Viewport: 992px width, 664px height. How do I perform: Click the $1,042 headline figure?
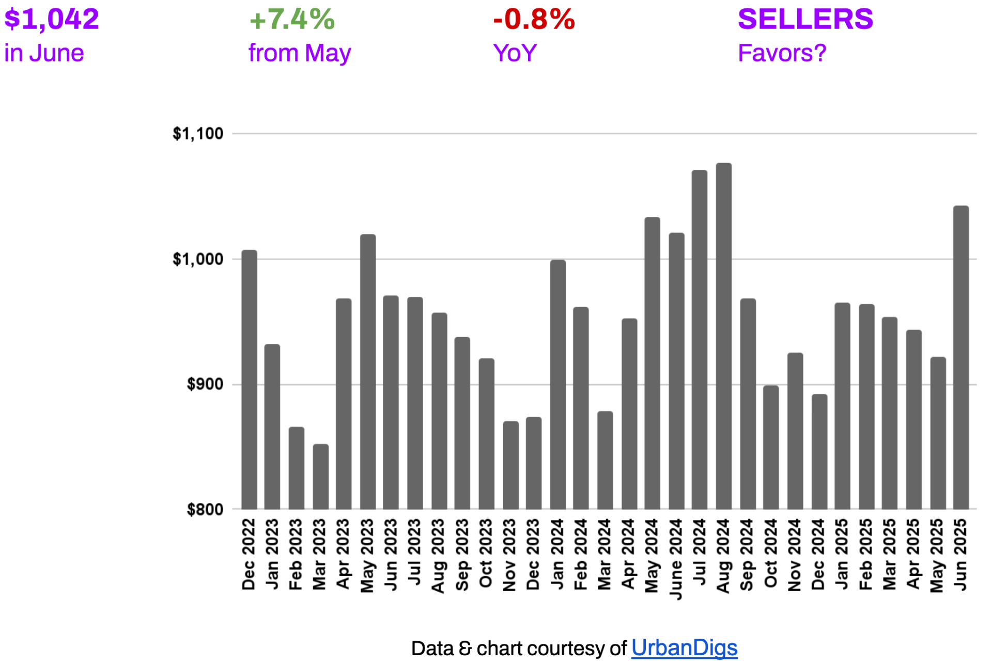point(52,20)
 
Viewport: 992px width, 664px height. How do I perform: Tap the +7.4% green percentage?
point(292,20)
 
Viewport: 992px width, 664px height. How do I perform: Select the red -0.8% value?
point(534,20)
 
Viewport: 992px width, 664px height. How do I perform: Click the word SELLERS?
point(805,20)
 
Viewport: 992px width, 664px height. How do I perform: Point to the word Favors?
point(782,53)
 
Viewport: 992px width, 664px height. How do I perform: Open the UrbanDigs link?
point(684,647)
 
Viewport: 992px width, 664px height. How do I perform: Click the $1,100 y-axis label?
point(198,134)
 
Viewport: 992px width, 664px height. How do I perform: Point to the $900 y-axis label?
point(205,384)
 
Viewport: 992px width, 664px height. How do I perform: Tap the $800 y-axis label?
point(205,510)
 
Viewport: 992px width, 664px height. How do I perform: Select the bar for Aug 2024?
point(723,336)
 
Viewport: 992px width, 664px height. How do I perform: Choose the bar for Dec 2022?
point(249,380)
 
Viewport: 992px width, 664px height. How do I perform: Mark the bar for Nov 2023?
point(510,465)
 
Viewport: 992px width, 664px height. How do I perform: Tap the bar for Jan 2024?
point(557,385)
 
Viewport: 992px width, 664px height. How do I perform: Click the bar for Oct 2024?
point(770,447)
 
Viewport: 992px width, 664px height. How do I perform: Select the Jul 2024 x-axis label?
point(700,552)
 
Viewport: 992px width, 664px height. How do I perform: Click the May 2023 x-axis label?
point(367,556)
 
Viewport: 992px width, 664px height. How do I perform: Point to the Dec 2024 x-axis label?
point(818,555)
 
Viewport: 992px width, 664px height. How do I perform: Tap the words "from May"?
point(299,53)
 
